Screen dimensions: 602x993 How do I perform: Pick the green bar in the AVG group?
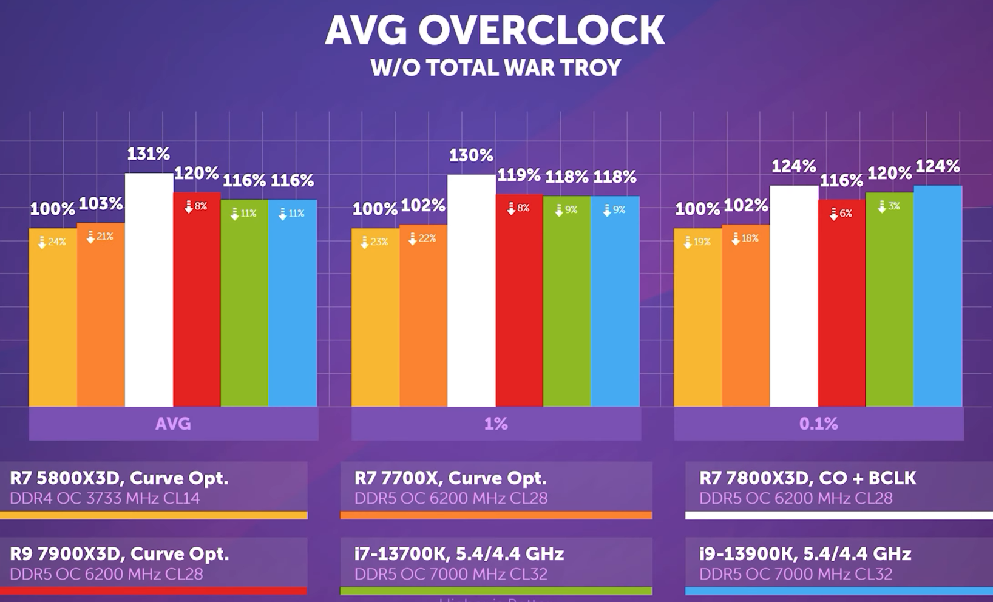[x=245, y=303]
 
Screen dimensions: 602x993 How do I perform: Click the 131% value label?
[x=149, y=154]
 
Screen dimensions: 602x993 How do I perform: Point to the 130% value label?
[x=471, y=156]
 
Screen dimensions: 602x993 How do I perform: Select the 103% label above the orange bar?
[x=101, y=204]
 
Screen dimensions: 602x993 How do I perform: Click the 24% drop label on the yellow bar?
[x=52, y=242]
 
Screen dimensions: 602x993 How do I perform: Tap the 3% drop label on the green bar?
[x=889, y=206]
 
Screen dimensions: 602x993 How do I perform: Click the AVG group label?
[x=173, y=424]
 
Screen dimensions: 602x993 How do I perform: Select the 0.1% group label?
[x=818, y=424]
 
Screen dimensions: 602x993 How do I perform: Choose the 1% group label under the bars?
[x=496, y=424]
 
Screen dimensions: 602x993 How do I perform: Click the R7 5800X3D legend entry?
[x=119, y=478]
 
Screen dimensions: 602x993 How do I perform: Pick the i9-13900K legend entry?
[x=805, y=554]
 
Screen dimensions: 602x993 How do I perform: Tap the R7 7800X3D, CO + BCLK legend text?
[x=807, y=478]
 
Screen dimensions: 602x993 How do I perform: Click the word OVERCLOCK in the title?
[x=541, y=30]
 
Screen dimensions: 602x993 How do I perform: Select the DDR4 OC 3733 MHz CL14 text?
[x=104, y=499]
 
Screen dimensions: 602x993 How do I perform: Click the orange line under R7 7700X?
[x=496, y=515]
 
